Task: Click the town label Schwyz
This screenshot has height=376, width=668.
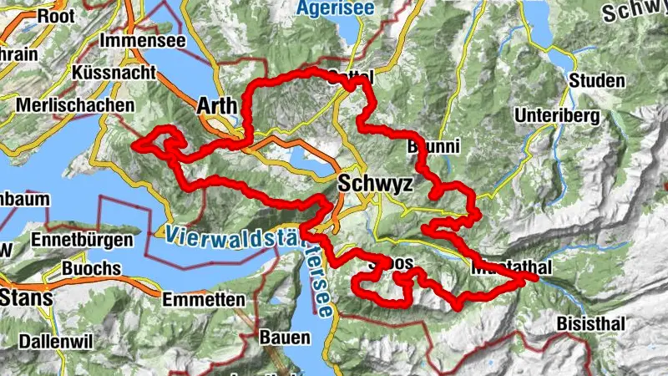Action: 376,184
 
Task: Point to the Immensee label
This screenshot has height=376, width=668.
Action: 139,40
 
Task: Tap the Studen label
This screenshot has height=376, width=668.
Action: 596,81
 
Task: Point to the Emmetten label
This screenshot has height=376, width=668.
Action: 204,299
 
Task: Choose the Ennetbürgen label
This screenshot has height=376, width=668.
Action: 81,240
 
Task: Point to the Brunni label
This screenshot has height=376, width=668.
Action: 433,147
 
